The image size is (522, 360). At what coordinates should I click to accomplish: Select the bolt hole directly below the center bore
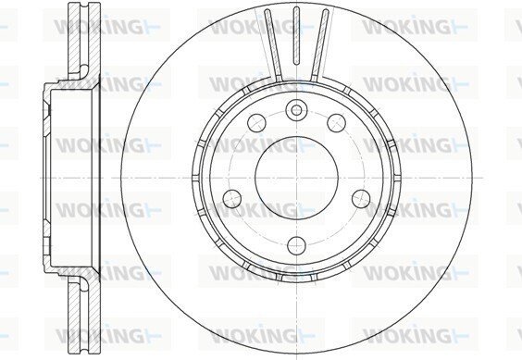point(296,245)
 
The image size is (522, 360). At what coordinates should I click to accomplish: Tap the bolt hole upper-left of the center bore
point(257,122)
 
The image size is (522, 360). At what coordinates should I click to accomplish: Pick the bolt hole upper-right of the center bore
point(336,122)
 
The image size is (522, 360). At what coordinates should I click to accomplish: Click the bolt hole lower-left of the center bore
point(232,198)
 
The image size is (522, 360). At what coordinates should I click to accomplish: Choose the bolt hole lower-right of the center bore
point(361,198)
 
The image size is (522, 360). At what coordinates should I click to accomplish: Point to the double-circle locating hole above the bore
point(296,109)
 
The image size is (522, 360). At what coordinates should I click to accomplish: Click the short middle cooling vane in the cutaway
point(296,35)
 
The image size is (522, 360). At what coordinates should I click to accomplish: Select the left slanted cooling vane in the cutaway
point(273,44)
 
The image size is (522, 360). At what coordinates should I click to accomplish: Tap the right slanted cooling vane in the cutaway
point(319,44)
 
